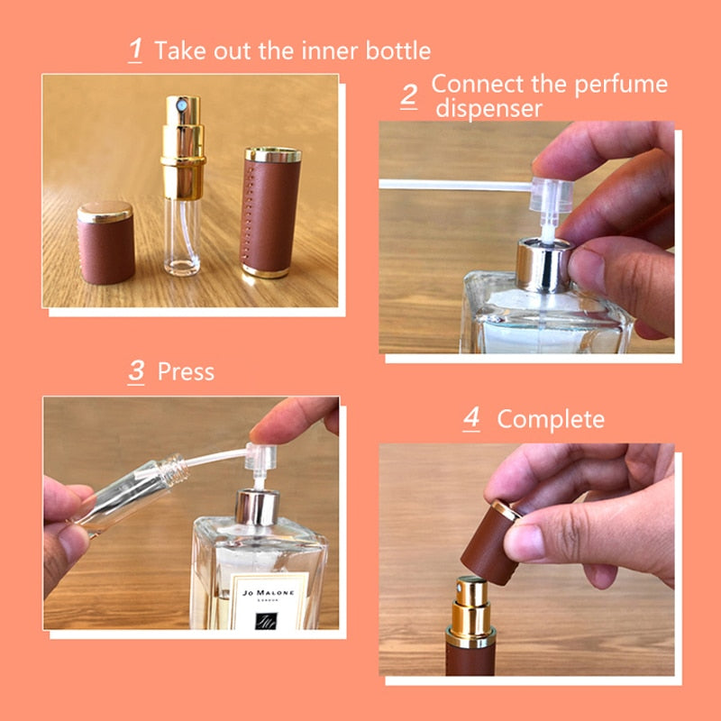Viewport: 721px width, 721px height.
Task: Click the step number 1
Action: (135, 50)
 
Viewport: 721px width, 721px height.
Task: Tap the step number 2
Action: (409, 96)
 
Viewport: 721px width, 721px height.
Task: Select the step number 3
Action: (136, 371)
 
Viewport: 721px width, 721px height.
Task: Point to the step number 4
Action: (471, 418)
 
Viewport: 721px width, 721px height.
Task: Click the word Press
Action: (186, 371)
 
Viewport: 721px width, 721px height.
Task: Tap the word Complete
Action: (551, 419)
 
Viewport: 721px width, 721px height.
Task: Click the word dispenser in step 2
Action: (489, 108)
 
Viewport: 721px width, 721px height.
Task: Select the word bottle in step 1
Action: (398, 50)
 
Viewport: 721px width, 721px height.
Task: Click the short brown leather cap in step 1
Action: (105, 242)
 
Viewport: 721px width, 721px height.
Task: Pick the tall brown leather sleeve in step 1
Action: (271, 212)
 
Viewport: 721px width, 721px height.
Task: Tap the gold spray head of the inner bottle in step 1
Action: (183, 147)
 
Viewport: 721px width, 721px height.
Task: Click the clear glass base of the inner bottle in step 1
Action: (182, 237)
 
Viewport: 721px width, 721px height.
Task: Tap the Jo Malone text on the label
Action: (268, 593)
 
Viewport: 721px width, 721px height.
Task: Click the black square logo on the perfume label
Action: (266, 621)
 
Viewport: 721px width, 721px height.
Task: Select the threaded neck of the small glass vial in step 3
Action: (176, 470)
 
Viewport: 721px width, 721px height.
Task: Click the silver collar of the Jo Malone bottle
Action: (258, 507)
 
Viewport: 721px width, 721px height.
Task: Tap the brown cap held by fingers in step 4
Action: (489, 544)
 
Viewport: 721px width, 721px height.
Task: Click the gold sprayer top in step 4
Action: (470, 612)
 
